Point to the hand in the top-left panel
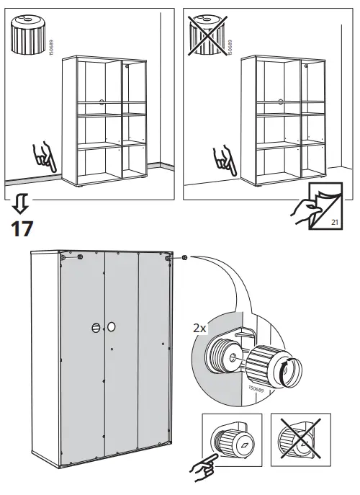[44, 157]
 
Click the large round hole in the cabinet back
[112, 328]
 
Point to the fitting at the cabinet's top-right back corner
[168, 257]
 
